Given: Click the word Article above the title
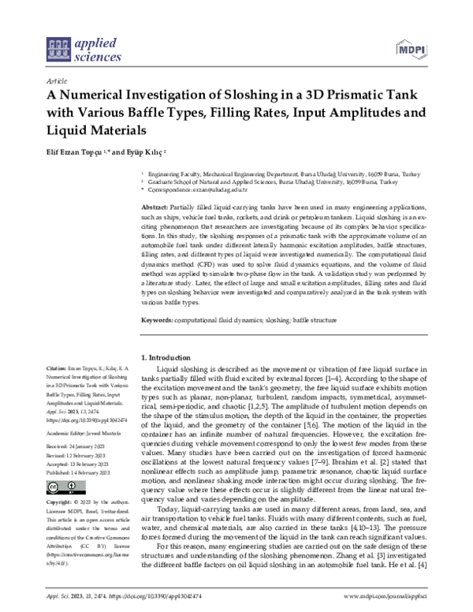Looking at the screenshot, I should (57, 80).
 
